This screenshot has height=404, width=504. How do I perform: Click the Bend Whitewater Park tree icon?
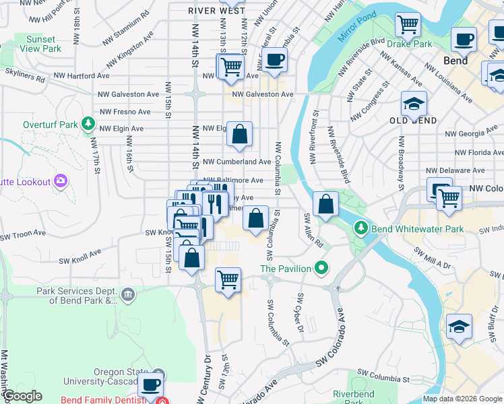click(362, 229)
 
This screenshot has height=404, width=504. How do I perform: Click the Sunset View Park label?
click(41, 44)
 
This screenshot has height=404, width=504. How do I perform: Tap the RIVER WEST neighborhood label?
click(217, 11)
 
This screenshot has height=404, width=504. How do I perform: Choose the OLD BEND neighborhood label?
click(413, 121)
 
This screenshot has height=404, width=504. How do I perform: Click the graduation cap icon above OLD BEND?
click(413, 104)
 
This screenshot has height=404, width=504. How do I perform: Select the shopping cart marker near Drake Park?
click(408, 25)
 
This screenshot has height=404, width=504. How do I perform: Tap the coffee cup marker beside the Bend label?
click(464, 40)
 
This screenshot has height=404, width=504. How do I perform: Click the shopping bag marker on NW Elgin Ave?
click(239, 134)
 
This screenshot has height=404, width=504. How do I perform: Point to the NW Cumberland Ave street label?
click(237, 162)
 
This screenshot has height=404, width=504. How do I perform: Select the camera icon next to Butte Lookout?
click(61, 180)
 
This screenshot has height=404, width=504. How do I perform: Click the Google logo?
click(22, 396)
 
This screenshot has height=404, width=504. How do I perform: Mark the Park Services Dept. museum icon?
click(128, 294)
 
